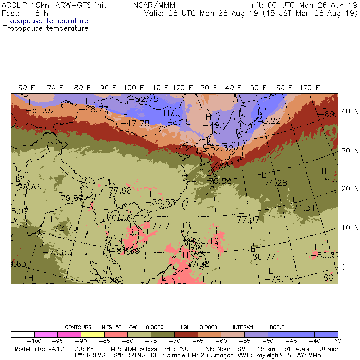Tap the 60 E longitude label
pos(27,88)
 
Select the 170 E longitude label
pos(309,88)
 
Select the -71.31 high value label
pos(303,208)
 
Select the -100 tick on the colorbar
pos(32,341)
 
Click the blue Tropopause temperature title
pos(46,21)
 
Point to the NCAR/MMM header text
pos(154,5)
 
